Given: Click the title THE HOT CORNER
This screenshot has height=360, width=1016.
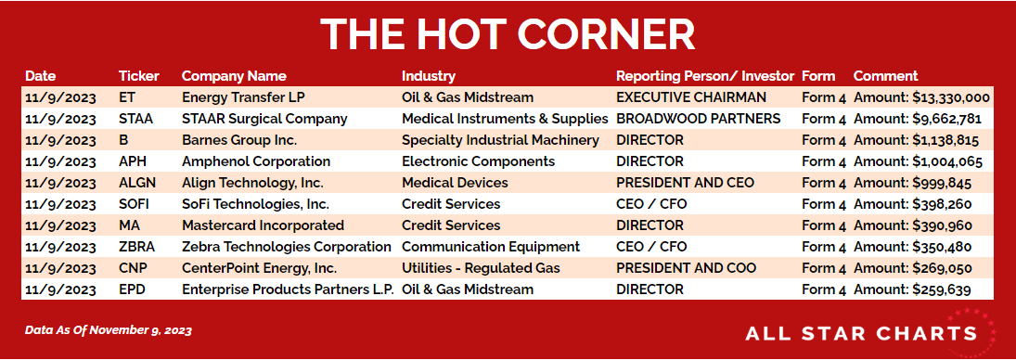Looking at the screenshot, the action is point(508,33).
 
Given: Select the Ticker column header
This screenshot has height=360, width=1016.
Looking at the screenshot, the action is point(138,76).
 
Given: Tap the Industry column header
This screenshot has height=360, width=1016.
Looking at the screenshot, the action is point(429,76).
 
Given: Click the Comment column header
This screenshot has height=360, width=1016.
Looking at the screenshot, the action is point(886,76).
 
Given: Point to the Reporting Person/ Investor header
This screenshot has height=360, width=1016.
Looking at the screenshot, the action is point(705,76).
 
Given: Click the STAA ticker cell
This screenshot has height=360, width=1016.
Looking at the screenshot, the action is point(135,119).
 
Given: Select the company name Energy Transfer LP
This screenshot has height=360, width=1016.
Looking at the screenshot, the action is point(244,97).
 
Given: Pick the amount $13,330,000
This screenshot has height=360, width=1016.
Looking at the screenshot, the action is point(951,98).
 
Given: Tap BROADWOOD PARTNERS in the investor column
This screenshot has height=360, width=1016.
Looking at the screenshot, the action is point(699,119).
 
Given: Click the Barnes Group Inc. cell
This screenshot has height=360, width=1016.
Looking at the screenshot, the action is point(236,140).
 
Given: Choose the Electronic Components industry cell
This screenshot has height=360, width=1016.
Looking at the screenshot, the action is point(478,161).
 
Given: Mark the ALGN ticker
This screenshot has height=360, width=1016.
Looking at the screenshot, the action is point(137,183).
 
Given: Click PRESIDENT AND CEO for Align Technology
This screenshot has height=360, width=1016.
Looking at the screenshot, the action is point(685,183).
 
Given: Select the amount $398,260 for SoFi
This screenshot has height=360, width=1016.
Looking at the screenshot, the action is point(942,205).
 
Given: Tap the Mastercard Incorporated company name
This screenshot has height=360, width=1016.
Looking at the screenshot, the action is point(264,225).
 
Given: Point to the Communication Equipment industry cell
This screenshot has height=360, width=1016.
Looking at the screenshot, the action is point(491,247).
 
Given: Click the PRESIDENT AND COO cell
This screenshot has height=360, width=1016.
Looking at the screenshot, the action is point(687,268).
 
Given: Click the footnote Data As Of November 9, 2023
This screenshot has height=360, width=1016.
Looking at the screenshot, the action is point(109,330).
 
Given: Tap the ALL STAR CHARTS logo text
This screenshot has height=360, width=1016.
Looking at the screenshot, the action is point(861,334).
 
